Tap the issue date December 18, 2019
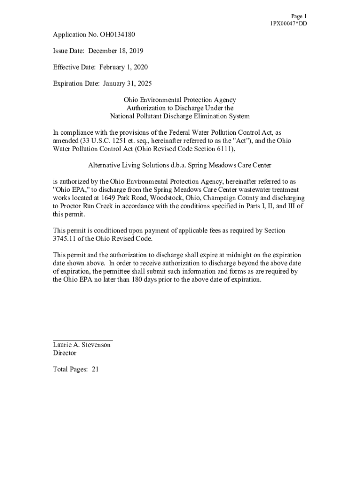116,51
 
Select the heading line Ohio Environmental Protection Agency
180,100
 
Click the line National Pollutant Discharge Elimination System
180,116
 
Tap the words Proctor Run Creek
83,206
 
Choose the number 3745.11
64,239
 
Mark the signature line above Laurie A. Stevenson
83,340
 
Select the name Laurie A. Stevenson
82,345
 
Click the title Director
65,353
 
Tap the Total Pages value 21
95,370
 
